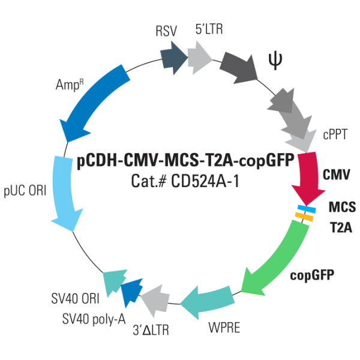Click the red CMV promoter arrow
tap(306, 177)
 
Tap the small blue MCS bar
tap(307, 209)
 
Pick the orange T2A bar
tap(305, 217)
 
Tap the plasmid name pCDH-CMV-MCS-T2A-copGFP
tap(185, 161)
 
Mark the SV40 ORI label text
tap(71, 298)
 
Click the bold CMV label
tap(337, 175)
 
